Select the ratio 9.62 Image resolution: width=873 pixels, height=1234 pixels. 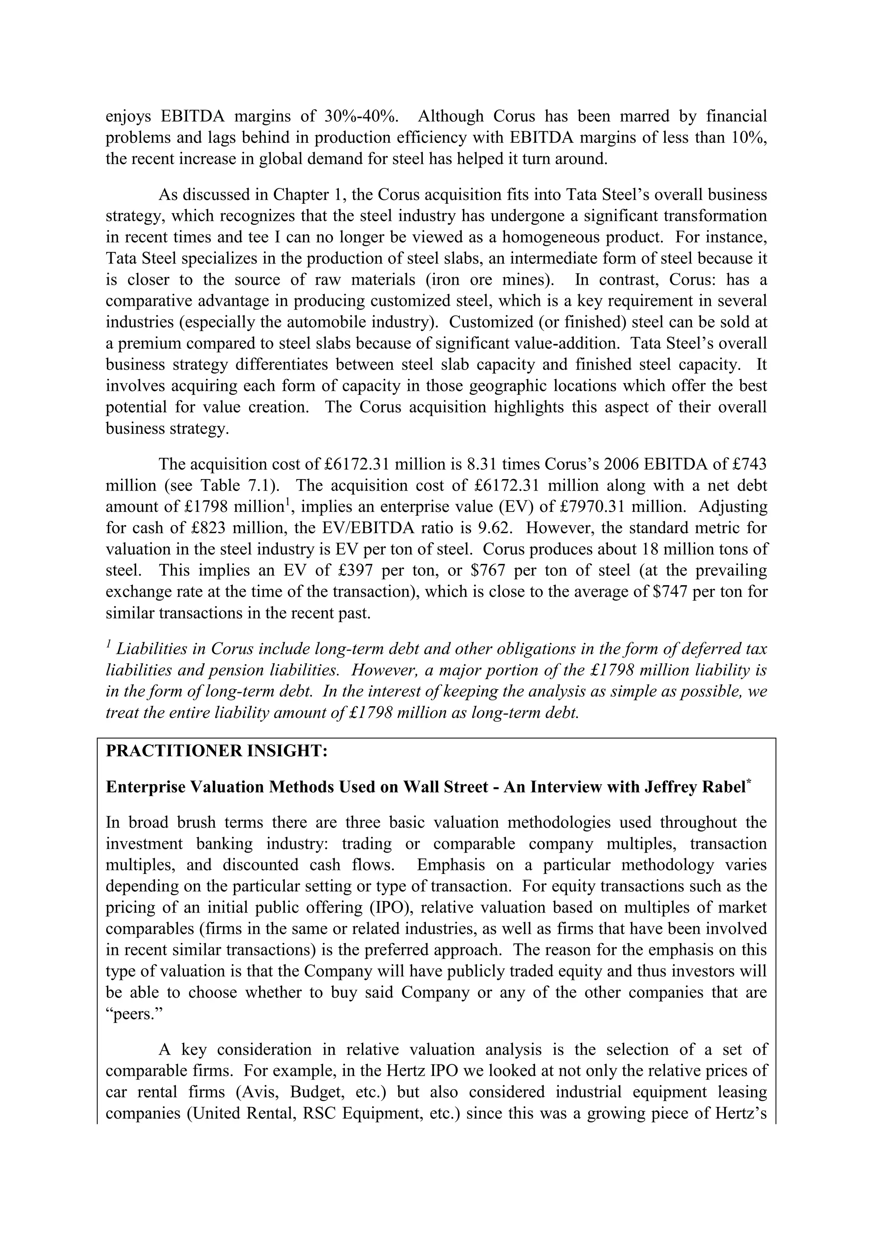494,528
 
